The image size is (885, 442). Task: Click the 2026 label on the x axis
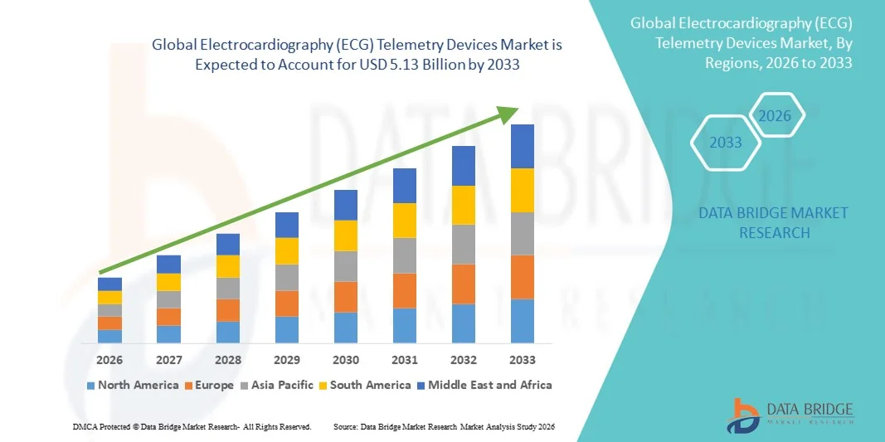pyautogui.click(x=109, y=360)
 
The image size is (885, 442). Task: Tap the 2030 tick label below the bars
pyautogui.click(x=346, y=360)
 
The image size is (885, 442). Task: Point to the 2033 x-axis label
pyautogui.click(x=522, y=360)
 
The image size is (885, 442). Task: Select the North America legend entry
pyautogui.click(x=133, y=385)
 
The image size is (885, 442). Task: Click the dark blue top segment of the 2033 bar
pyautogui.click(x=522, y=146)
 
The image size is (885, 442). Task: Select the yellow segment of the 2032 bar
pyautogui.click(x=463, y=205)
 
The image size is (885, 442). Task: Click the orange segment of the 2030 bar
pyautogui.click(x=346, y=296)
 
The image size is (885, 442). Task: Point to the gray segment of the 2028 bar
pyautogui.click(x=227, y=288)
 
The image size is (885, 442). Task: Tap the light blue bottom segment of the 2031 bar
pyautogui.click(x=405, y=325)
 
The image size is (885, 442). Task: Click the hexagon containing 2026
pyautogui.click(x=775, y=116)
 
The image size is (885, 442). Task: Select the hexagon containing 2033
pyautogui.click(x=726, y=143)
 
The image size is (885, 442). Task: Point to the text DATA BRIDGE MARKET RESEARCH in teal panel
pyautogui.click(x=773, y=223)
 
